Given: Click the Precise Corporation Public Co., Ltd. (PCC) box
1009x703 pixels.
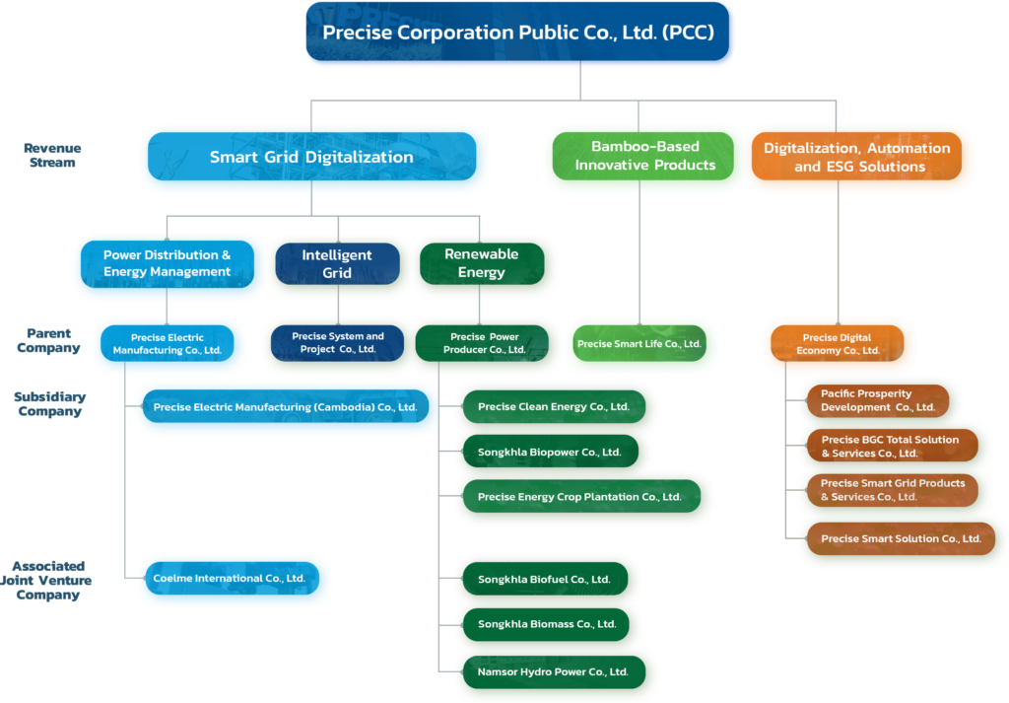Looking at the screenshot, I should point(519,33).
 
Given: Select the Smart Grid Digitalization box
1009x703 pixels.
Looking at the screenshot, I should point(312,158).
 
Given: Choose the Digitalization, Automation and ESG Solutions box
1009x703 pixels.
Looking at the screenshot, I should point(857,157).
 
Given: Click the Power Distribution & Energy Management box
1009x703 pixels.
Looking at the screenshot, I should point(168,264).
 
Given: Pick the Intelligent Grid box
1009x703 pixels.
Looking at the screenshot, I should point(337,264).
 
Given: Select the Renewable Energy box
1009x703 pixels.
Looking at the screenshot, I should point(481,264).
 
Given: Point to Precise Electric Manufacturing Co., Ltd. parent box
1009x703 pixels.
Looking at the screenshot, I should point(168,343).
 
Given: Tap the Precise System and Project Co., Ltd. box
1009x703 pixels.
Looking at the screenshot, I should point(338,343).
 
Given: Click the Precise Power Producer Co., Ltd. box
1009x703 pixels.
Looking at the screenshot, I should point(483,343).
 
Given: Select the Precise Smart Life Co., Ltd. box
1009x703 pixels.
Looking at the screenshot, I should point(639,344).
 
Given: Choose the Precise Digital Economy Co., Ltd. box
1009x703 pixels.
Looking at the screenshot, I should point(841,344).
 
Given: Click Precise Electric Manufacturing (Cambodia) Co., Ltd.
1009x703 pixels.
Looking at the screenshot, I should point(285,407).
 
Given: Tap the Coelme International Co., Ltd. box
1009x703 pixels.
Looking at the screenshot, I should point(229,579).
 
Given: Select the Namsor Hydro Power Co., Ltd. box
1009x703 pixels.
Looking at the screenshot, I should point(553,672).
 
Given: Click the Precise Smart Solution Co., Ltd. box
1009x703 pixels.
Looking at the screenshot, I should point(900,539).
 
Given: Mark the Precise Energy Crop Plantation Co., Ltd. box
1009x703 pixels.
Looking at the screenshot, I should point(579,497).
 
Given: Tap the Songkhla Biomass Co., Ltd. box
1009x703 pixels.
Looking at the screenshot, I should point(547,624).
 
